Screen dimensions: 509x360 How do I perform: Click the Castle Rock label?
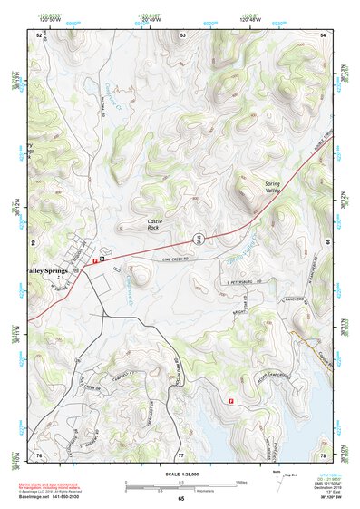pyautogui.click(x=160, y=225)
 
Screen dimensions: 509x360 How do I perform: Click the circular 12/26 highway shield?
pyautogui.click(x=199, y=239)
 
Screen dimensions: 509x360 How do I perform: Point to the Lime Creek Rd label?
pyautogui.click(x=178, y=259)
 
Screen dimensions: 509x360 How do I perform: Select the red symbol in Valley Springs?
pyautogui.click(x=95, y=260)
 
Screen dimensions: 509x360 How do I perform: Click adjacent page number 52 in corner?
pyautogui.click(x=38, y=34)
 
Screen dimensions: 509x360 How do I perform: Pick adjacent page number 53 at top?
pyautogui.click(x=182, y=34)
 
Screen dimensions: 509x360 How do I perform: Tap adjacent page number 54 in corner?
pyautogui.click(x=324, y=34)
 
